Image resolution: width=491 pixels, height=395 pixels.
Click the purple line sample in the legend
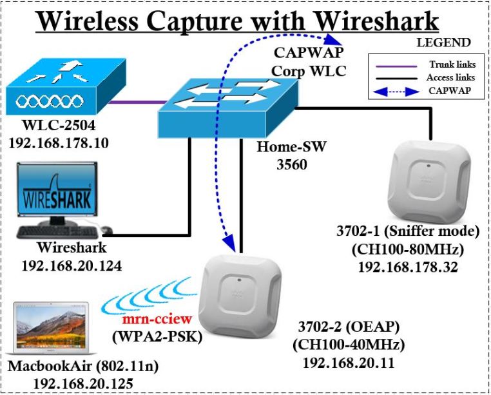pyautogui.click(x=394, y=66)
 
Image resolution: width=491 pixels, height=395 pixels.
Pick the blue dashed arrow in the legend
pyautogui.click(x=394, y=91)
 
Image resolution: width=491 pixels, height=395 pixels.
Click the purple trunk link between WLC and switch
pyautogui.click(x=133, y=102)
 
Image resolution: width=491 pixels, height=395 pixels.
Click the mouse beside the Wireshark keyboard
pyautogui.click(x=106, y=230)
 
